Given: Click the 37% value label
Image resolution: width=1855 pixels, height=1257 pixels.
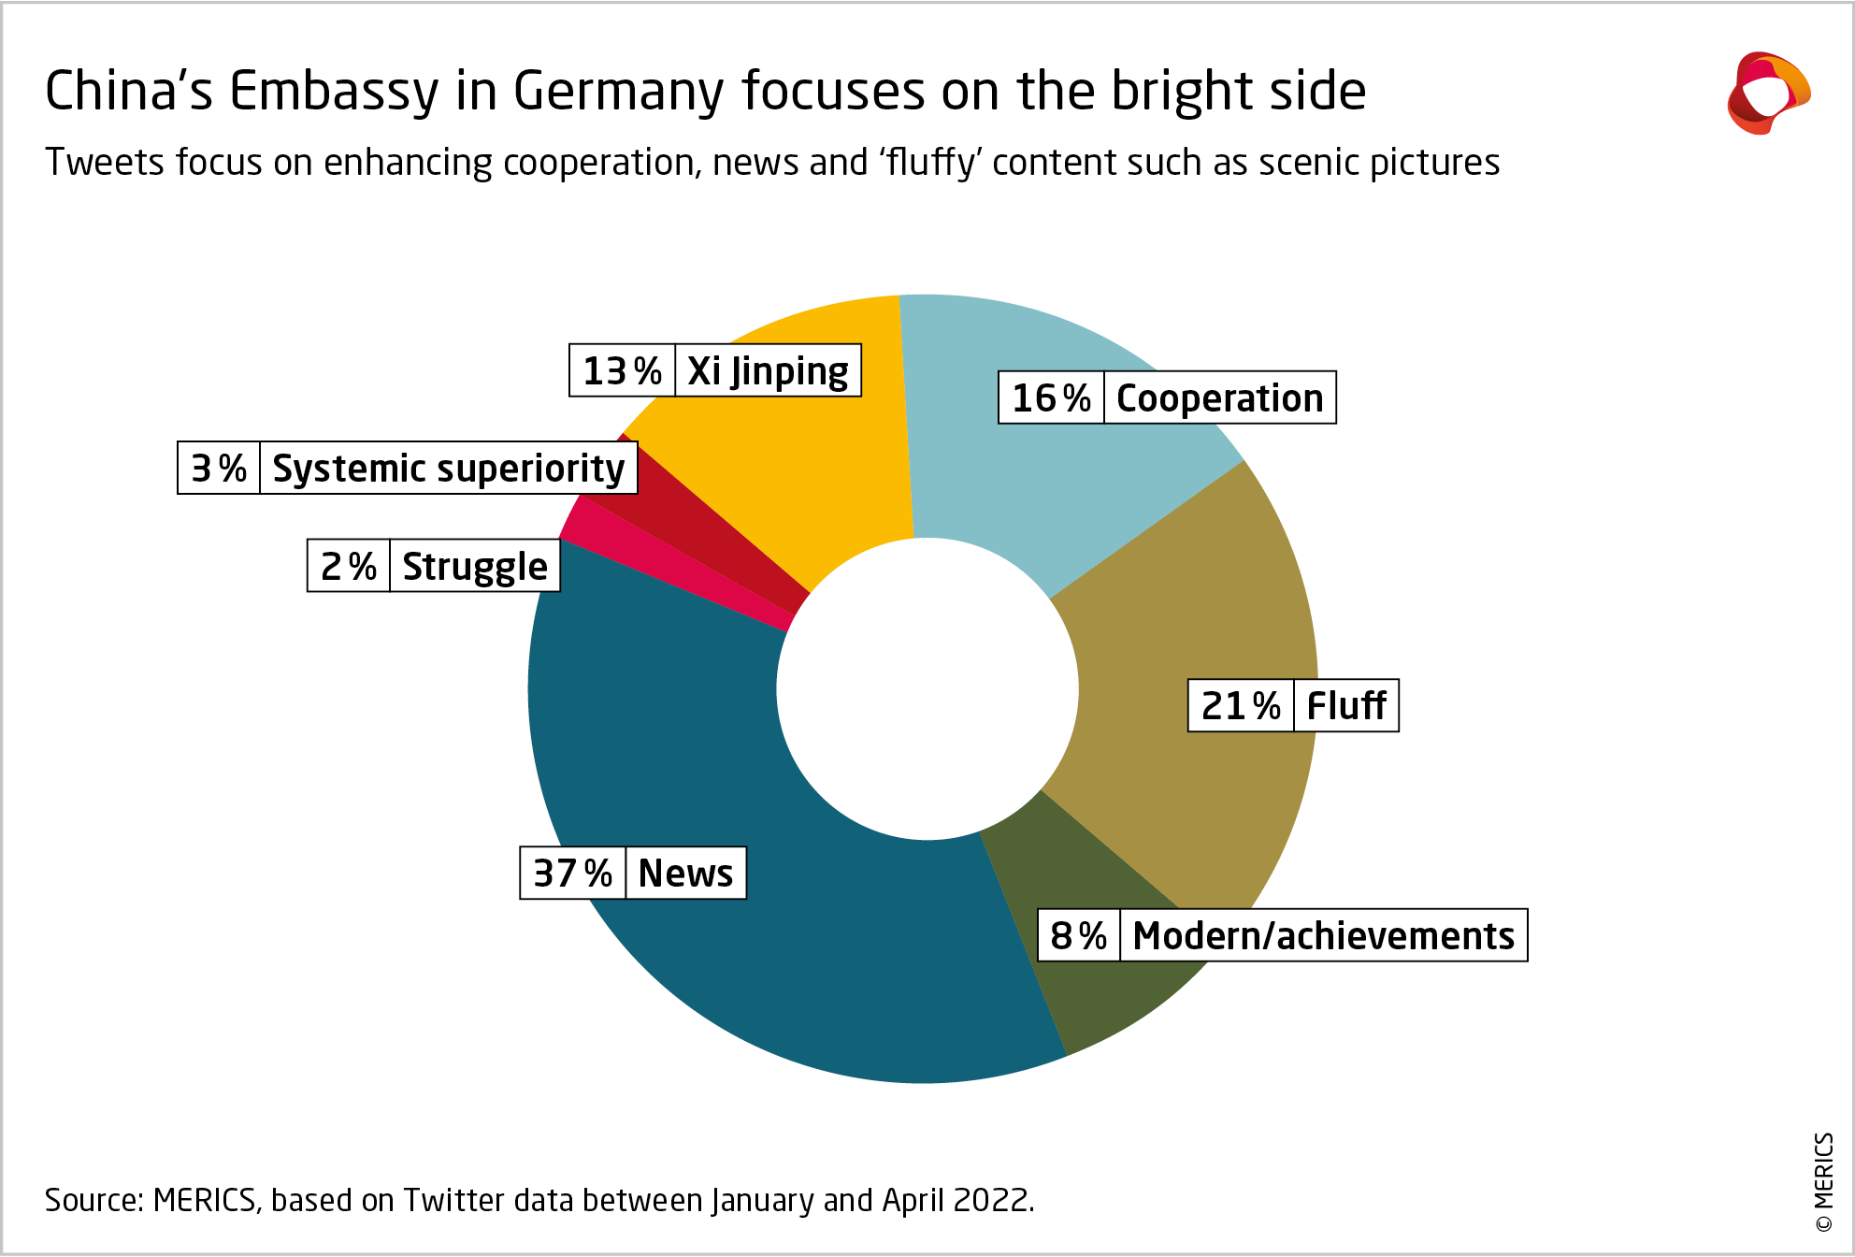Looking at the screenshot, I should pos(572,874).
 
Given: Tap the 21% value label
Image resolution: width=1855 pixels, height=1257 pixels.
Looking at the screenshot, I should pos(1241,706).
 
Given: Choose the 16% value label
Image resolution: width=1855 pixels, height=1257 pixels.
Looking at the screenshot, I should pos(1051,398).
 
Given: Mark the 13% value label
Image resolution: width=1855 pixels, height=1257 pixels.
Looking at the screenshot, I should pos(622,371).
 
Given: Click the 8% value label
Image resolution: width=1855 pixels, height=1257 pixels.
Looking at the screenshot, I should pos(1078,935).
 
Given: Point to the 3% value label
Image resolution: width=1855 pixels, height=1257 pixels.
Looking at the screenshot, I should pos(219,469).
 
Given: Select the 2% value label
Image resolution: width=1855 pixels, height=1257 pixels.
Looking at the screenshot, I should pos(348,567).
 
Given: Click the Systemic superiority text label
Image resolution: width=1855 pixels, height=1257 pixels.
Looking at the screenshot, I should pos(448,469).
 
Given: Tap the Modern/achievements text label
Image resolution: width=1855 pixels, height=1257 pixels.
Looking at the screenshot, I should pos(1323,935).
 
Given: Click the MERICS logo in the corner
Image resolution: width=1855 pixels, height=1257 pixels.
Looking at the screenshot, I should pos(1768,94).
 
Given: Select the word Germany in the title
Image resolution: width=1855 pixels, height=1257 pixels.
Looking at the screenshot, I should pos(618,92).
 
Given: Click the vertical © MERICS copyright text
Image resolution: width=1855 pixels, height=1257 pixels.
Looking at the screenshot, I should pos(1823,1182).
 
